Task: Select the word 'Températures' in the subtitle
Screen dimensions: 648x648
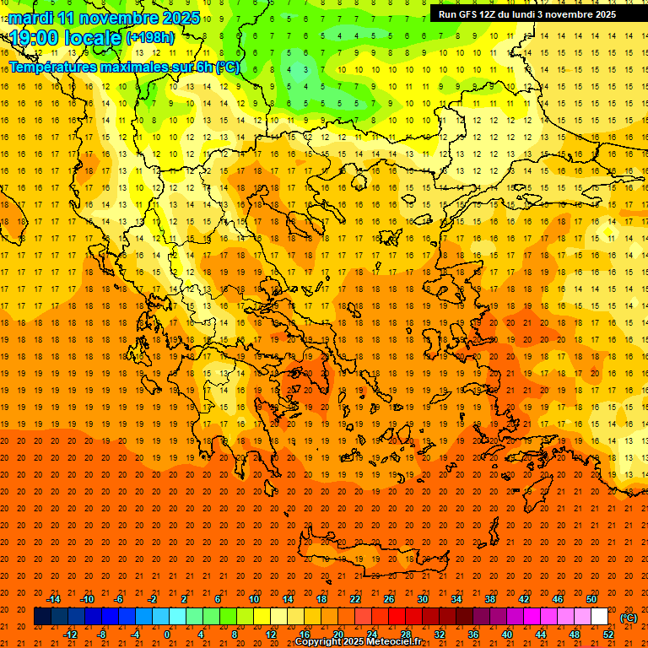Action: click(54, 67)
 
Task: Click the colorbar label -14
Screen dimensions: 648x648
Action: click(52, 598)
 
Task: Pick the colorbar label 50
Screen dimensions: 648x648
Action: click(591, 598)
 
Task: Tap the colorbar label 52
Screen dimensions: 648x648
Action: click(608, 634)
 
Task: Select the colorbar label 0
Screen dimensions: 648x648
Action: click(167, 634)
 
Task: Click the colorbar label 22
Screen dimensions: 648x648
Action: click(355, 598)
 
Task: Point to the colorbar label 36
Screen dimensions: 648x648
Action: click(473, 634)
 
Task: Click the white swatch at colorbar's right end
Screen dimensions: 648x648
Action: click(599, 617)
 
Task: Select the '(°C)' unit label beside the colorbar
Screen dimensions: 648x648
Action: click(628, 617)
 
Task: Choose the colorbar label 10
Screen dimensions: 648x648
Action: click(253, 598)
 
